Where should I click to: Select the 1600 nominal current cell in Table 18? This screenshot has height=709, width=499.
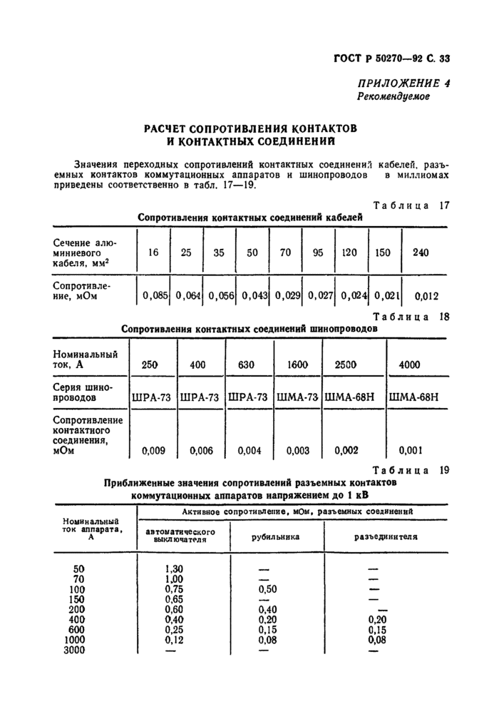pyautogui.click(x=297, y=364)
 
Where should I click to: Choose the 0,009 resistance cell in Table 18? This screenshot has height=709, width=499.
pyautogui.click(x=153, y=450)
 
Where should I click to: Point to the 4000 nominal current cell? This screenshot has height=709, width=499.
pyautogui.click(x=410, y=364)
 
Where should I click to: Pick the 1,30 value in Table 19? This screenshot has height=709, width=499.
pyautogui.click(x=174, y=568)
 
